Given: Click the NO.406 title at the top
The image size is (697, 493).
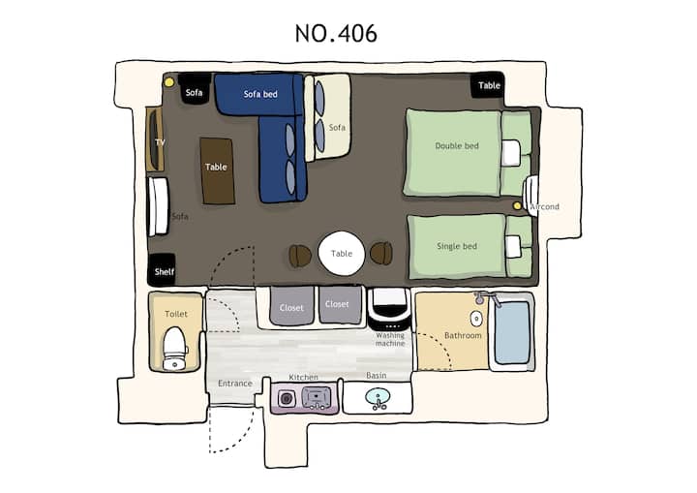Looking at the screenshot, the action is pyautogui.click(x=336, y=33).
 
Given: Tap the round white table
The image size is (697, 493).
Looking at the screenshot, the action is pyautogui.click(x=342, y=253).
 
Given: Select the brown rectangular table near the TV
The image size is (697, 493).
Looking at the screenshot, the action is pyautogui.click(x=217, y=170).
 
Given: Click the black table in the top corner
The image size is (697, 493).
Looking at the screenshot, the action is pyautogui.click(x=488, y=85).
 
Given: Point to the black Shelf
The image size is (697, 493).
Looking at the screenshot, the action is pyautogui.click(x=162, y=269).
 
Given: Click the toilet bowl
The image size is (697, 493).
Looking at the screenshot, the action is pyautogui.click(x=175, y=349).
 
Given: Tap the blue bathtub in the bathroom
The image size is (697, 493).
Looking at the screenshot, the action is pyautogui.click(x=512, y=331).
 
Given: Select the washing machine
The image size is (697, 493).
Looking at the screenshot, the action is pyautogui.click(x=389, y=309).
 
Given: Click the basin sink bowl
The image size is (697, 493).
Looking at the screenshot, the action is pyautogui.click(x=378, y=396).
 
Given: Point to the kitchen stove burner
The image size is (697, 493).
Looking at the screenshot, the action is pyautogui.click(x=287, y=398).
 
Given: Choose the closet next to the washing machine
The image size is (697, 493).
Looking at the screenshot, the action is pyautogui.click(x=340, y=305).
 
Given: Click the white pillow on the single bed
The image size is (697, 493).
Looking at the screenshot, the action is pyautogui.click(x=513, y=246).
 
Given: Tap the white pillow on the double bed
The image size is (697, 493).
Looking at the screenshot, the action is pyautogui.click(x=511, y=153).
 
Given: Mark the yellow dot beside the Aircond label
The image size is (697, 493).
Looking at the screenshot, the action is pyautogui.click(x=517, y=206).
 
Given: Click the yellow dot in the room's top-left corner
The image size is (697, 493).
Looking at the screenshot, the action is pyautogui.click(x=168, y=82).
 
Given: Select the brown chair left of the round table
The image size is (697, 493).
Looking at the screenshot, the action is pyautogui.click(x=299, y=256).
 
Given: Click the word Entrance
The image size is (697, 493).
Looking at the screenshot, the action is pyautogui.click(x=234, y=384).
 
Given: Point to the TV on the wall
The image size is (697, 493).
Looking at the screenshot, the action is pyautogui.click(x=155, y=139).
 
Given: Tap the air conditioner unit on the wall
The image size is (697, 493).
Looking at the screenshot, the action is pyautogui.click(x=530, y=195).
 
